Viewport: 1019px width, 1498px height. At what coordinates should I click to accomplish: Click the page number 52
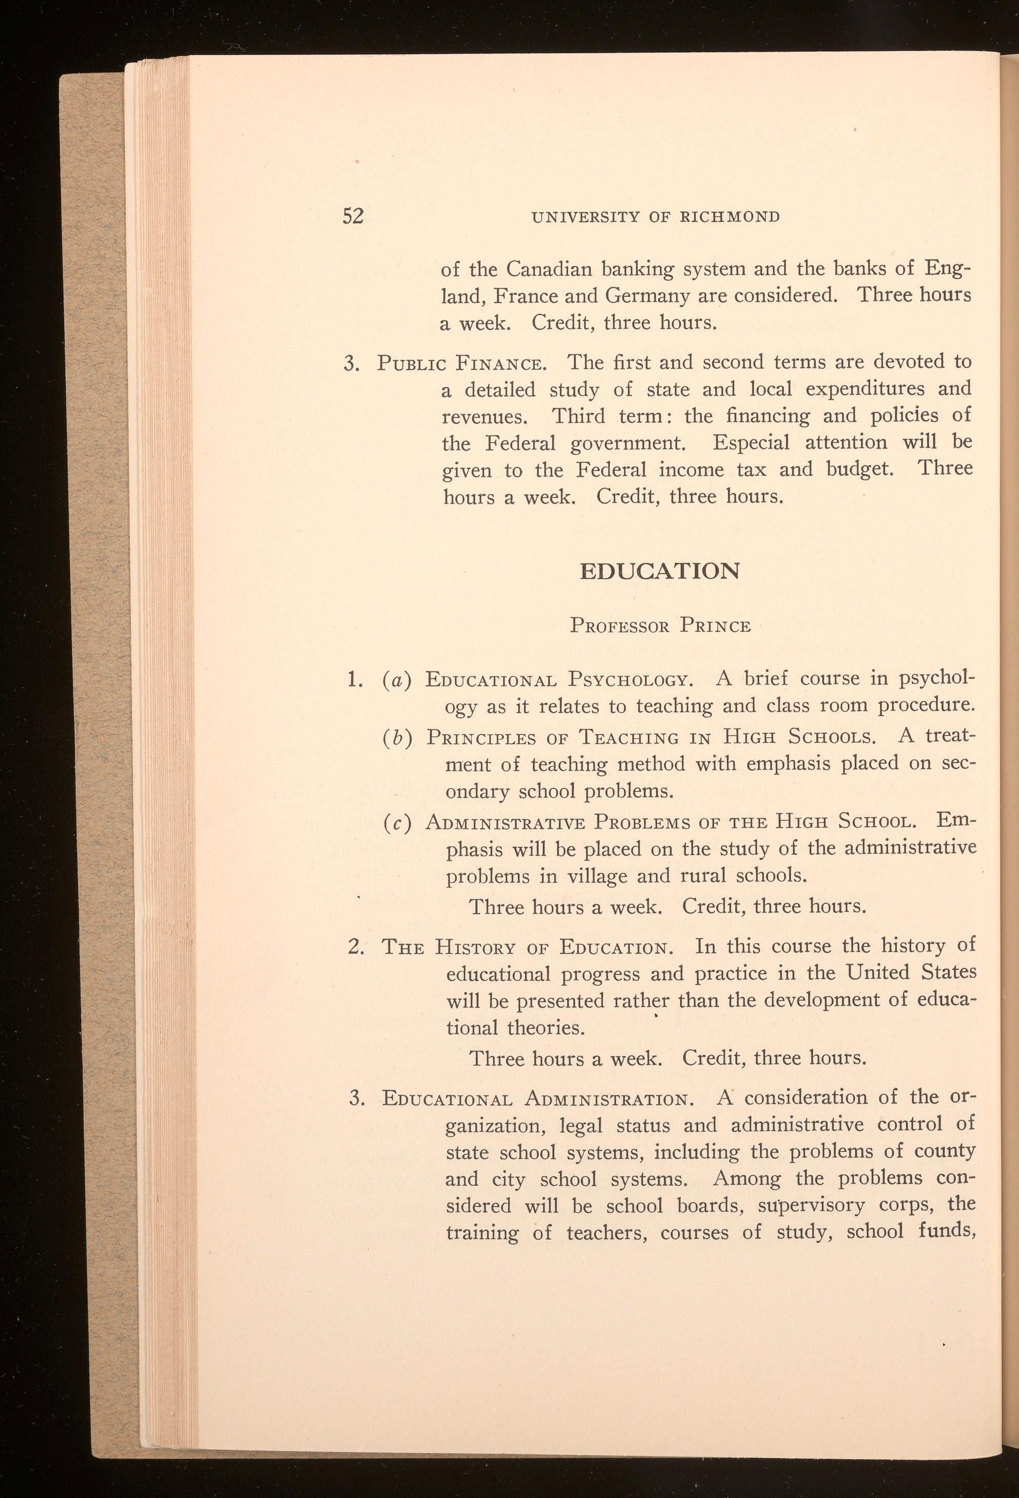[x=353, y=216]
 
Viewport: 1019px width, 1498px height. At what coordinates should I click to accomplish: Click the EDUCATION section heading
[x=659, y=571]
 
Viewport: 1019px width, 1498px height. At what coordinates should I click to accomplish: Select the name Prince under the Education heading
[x=715, y=626]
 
